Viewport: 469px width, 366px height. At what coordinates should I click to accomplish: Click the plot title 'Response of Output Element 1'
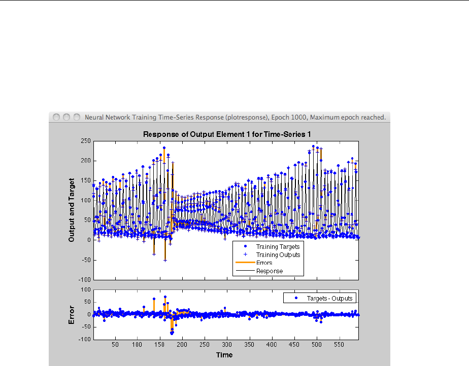coord(226,134)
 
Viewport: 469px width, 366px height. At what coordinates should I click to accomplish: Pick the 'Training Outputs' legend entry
coord(278,255)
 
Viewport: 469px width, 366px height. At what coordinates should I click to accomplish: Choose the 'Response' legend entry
coord(269,271)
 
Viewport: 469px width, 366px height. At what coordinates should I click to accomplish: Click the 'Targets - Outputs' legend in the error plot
coord(329,299)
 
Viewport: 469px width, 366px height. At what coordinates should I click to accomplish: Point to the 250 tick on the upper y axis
coord(85,141)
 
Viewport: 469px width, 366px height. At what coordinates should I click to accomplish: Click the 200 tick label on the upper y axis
coord(85,161)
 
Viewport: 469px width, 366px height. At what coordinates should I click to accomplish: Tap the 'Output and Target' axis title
coord(72,209)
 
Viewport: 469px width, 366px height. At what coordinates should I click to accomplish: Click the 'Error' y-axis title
coord(72,314)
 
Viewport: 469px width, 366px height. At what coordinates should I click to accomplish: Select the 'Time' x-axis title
coord(224,355)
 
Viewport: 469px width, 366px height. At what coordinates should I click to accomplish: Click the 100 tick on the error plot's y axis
coord(85,289)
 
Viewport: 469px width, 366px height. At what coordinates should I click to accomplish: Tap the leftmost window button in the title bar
coord(56,117)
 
